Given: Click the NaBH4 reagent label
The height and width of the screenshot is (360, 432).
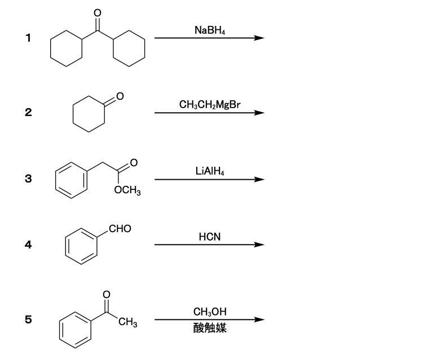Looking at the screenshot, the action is tap(210, 30).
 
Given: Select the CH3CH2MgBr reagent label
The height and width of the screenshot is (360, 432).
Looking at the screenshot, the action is tap(210, 105).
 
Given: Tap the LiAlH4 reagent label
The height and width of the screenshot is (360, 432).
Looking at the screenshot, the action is tap(210, 171).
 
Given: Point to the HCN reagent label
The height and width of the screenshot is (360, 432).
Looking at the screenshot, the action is tap(210, 237).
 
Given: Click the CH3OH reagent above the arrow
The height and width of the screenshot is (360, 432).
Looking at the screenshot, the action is tap(210, 312).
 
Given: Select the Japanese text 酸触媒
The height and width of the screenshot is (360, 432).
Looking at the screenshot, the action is tap(210, 328).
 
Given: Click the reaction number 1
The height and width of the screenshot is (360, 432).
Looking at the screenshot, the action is tap(28, 38).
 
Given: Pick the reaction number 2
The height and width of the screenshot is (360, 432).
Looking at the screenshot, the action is tap(28, 112).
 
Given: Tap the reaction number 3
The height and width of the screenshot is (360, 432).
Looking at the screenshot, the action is tap(28, 179).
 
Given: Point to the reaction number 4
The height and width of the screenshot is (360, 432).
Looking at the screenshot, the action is tap(28, 245).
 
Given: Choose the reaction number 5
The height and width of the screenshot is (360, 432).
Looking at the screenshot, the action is tap(28, 319).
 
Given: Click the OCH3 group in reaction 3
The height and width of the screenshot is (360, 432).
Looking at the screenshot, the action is tap(127, 190).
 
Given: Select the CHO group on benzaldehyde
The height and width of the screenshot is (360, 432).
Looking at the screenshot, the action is tap(120, 229).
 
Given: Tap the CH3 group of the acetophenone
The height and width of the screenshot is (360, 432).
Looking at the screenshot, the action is tap(128, 322).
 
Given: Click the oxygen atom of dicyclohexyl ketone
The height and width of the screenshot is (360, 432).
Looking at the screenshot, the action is tap(98, 13).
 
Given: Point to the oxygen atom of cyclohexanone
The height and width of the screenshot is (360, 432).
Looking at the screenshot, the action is tap(120, 96).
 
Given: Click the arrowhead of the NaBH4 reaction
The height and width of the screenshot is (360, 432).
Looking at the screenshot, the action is tap(259, 38).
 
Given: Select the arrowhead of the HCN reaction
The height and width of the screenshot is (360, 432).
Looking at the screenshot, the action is tap(259, 245).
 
